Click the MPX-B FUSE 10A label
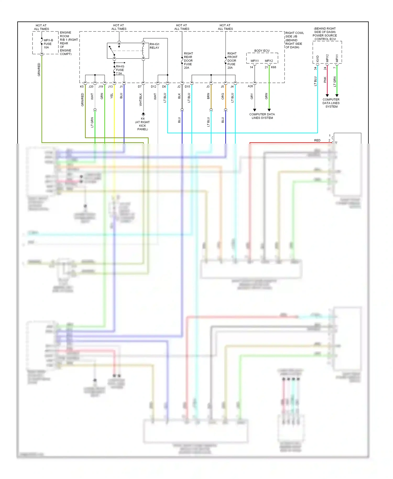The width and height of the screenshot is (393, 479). point(48,44)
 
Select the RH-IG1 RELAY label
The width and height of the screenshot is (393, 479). point(154,46)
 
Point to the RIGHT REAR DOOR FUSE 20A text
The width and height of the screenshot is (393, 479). point(188,61)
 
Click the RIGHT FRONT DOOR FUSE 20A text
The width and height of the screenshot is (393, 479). point(232,61)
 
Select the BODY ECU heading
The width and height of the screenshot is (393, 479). point(261,51)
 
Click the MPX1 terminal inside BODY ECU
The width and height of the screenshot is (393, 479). point(254,61)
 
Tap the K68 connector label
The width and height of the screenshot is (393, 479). point(274,67)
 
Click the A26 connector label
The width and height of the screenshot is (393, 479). point(250,86)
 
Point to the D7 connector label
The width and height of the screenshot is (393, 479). point(140,86)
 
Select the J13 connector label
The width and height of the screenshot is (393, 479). point(110,86)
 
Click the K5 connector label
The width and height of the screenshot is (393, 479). point(82,86)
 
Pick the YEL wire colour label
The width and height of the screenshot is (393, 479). point(112,96)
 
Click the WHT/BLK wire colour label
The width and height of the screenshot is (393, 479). point(141,100)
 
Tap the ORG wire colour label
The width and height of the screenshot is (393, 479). point(223,96)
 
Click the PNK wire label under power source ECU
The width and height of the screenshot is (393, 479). point(325,80)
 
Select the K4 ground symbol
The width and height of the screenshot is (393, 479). point(143,114)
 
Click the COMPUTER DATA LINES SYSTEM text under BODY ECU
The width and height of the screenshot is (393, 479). point(262,116)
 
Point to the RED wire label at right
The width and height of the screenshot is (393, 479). point(317,140)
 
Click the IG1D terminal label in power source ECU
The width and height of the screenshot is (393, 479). point(318,59)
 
